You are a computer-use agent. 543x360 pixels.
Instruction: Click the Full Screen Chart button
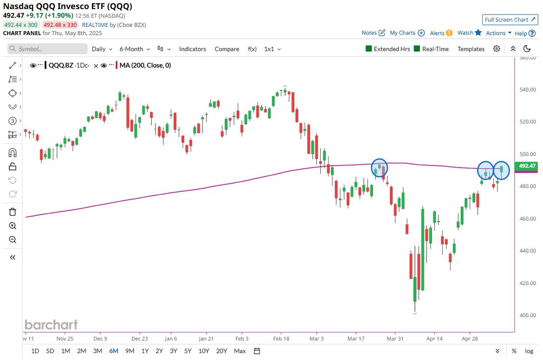tap(510, 20)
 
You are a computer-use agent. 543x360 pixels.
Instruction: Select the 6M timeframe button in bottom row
tap(114, 351)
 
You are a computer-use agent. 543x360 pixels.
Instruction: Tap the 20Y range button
tap(222, 351)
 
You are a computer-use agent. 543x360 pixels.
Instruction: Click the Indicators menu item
tap(192, 49)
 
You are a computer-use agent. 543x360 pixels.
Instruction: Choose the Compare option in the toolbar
tap(227, 49)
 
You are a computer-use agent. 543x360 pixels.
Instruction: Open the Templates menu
tap(471, 49)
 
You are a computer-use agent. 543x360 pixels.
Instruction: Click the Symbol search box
tap(47, 49)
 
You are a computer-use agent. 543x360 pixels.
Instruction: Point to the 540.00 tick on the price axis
tap(528, 90)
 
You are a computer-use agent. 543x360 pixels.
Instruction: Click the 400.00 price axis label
tap(528, 315)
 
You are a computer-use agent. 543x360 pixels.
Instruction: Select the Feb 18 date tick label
tap(281, 338)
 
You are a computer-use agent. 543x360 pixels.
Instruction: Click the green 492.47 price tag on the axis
tap(527, 166)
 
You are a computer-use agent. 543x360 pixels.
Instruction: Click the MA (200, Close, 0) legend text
tap(145, 66)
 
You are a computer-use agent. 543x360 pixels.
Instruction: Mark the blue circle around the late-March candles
tap(380, 168)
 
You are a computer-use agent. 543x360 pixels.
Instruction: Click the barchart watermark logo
tap(51, 325)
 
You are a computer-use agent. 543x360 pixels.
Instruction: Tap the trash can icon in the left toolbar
tap(12, 212)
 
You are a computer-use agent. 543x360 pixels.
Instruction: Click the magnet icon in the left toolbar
tap(12, 152)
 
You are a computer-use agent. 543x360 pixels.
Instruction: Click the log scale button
tap(529, 351)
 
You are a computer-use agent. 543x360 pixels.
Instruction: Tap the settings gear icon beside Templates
tap(497, 49)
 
